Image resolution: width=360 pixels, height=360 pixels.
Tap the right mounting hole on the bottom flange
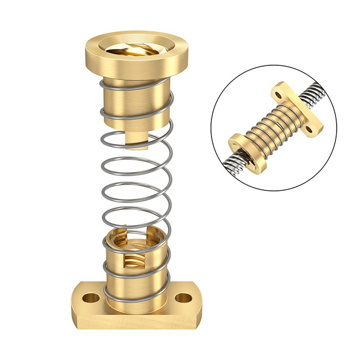pos(182,297)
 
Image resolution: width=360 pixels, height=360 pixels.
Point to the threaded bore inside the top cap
pos(137,49)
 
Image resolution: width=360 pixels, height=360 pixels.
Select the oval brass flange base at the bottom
pos(137,316)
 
